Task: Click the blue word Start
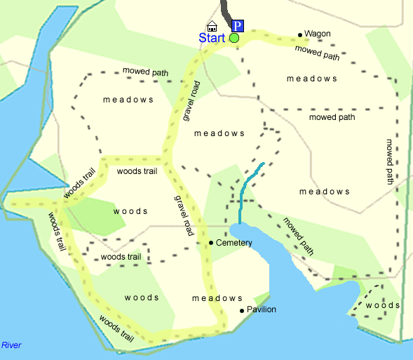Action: (x=212, y=38)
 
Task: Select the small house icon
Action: (x=212, y=26)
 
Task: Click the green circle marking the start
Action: (x=234, y=38)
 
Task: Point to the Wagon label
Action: (x=318, y=34)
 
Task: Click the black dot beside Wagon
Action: (x=300, y=34)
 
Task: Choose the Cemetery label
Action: (x=234, y=243)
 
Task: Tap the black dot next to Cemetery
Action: (x=211, y=243)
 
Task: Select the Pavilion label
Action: (x=262, y=309)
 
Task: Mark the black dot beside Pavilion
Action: (x=242, y=310)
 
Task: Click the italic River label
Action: (x=12, y=345)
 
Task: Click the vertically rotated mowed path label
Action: (x=390, y=161)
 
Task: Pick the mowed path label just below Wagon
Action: (x=317, y=53)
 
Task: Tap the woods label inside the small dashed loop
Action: (x=384, y=305)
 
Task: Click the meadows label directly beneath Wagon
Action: (x=312, y=79)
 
